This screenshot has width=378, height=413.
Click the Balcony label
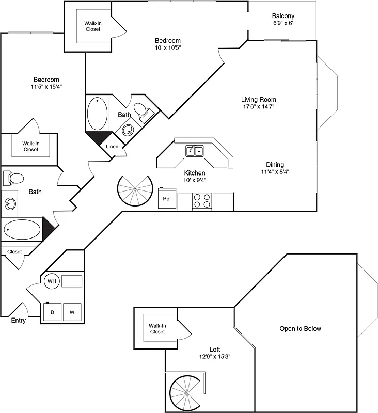(x=283, y=16)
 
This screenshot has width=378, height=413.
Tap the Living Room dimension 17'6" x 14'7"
(x=259, y=107)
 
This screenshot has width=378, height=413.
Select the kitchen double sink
(x=195, y=151)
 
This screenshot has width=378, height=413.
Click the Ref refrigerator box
(x=167, y=199)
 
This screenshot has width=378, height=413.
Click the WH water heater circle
(x=52, y=281)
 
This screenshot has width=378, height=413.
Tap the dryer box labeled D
(x=52, y=312)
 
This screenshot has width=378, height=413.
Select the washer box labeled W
(x=72, y=312)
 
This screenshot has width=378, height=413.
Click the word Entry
(x=19, y=321)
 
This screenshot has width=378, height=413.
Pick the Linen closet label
(x=112, y=147)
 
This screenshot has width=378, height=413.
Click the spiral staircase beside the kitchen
(x=135, y=190)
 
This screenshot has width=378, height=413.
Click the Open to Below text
(x=300, y=328)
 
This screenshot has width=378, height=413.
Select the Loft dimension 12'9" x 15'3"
(x=215, y=356)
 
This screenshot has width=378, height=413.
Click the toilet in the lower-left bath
(x=14, y=179)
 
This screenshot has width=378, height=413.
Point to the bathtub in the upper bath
(x=98, y=114)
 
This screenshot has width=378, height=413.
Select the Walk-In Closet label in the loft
(x=157, y=328)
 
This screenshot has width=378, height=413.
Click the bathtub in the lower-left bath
(x=22, y=229)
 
